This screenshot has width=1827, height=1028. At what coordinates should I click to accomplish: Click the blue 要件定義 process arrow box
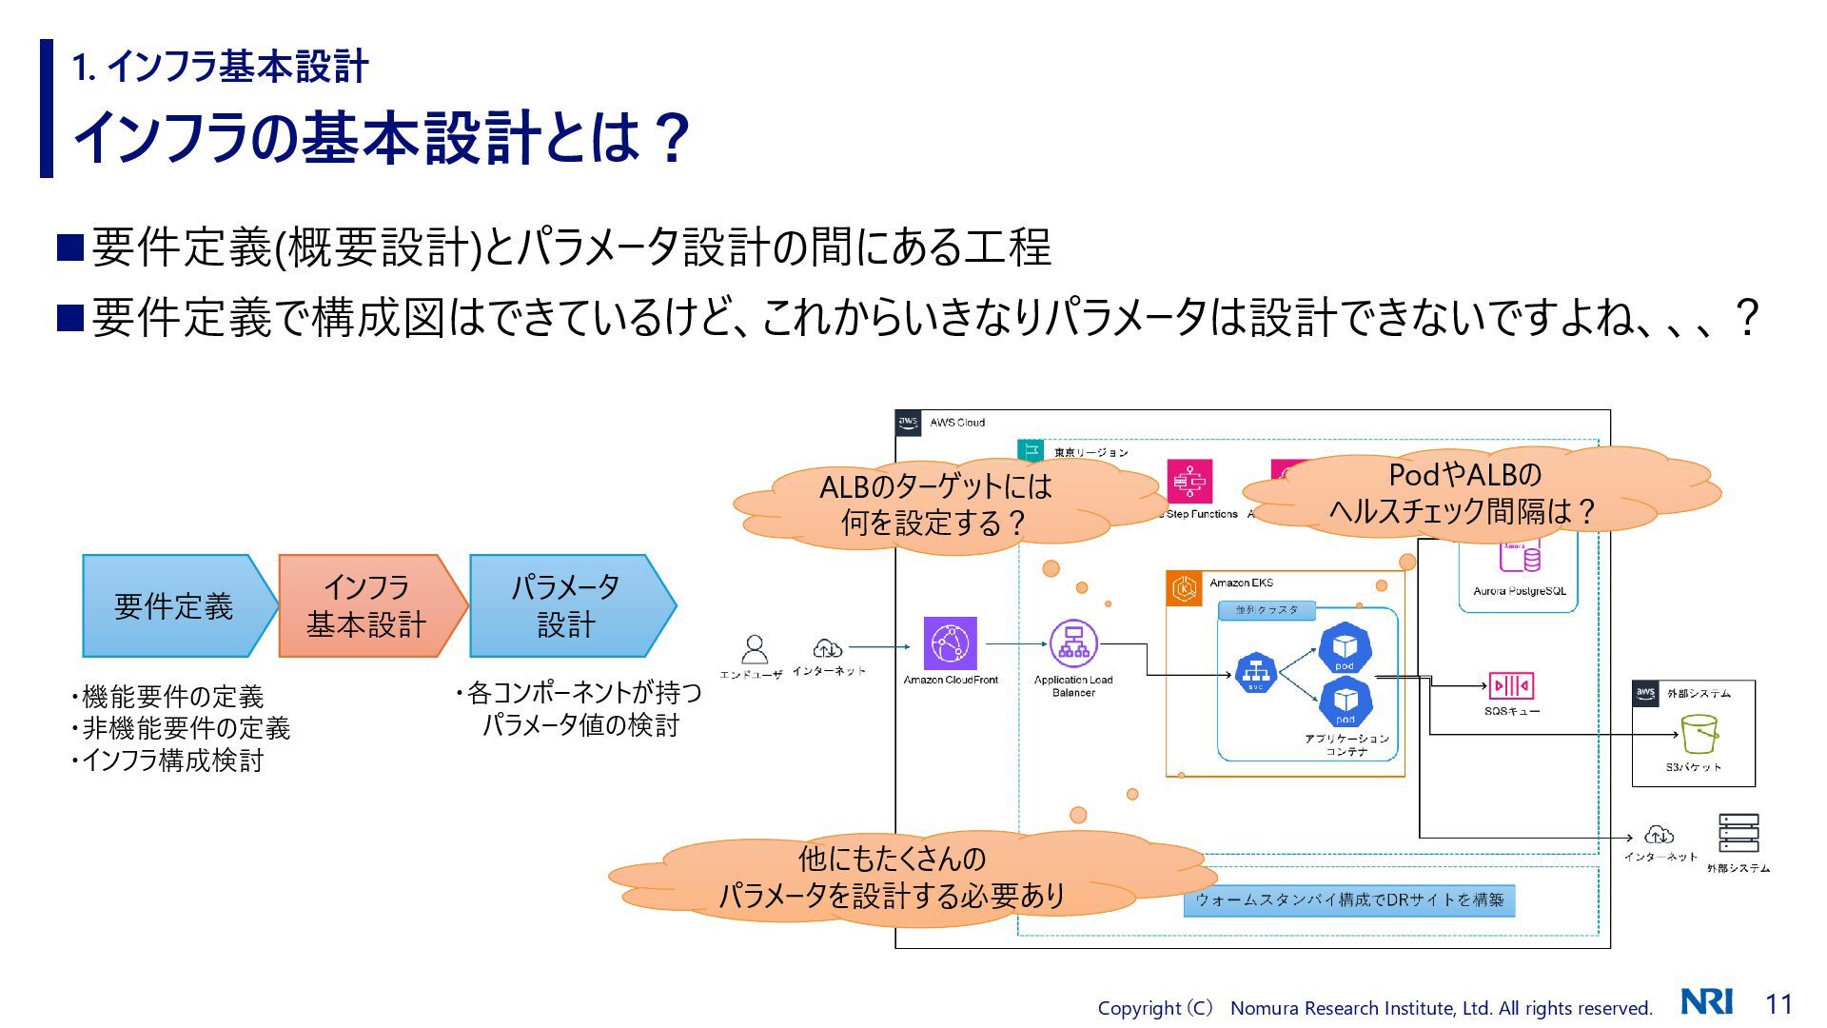pos(173,606)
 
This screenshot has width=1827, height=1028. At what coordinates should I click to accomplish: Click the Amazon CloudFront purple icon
pos(950,643)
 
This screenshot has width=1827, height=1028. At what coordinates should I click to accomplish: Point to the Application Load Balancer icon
pos(1073,643)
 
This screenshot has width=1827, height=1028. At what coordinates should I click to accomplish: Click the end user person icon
pos(754,649)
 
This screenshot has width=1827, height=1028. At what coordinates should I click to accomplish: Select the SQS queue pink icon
pos(1511,685)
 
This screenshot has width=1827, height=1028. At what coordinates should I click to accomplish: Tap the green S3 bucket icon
pos(1699,734)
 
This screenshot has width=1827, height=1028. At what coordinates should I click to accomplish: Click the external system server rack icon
pos(1739,833)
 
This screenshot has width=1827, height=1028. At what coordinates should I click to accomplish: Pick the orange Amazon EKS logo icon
pos(1185,588)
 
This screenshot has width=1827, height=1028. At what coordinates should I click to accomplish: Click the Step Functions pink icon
pos(1189,481)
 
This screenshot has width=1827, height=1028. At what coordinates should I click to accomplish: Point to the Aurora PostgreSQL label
pos(1519,591)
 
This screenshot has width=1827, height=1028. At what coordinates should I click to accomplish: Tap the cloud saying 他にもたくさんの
pos(892,878)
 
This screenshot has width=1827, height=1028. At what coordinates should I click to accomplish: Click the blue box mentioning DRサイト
pos(1348,900)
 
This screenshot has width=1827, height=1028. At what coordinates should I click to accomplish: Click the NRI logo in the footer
pos(1706,1002)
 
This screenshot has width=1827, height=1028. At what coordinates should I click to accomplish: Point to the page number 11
pos(1778,1003)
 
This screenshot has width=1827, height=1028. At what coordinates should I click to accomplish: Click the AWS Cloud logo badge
pos(909,423)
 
